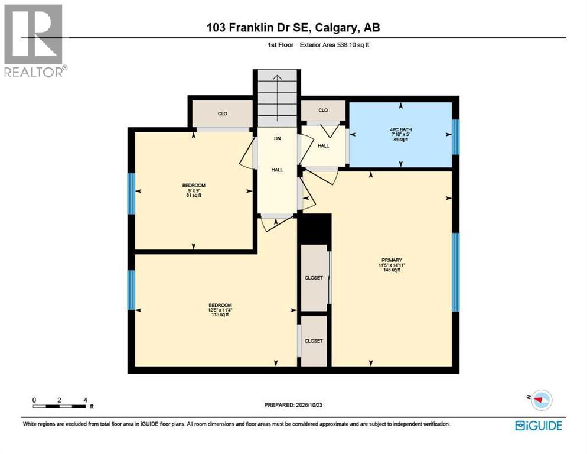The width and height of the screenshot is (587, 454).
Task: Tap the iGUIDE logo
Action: point(539,426)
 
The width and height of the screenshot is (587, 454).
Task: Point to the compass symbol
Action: point(540,400)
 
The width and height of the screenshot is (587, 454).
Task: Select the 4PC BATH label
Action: point(400,129)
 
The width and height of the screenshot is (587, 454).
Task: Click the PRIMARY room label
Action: point(392,260)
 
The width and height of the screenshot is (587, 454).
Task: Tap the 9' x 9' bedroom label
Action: point(194,190)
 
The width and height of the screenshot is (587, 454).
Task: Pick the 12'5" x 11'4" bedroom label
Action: point(220,310)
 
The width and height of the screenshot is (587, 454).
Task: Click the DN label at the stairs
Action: point(277,138)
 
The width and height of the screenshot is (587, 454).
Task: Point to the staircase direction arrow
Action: point(277,98)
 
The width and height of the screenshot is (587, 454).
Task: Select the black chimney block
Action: point(314,229)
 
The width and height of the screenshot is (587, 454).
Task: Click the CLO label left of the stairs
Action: point(223,113)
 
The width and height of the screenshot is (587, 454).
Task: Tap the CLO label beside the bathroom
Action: point(323,110)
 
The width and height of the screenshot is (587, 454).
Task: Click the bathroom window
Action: point(455,137)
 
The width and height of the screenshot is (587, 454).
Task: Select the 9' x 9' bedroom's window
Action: point(132,193)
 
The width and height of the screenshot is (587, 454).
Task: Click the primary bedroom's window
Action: point(455,272)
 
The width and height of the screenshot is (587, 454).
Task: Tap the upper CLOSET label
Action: point(314,278)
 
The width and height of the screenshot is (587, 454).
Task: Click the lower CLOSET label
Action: point(314,340)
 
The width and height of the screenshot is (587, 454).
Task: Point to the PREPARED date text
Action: point(293,405)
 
